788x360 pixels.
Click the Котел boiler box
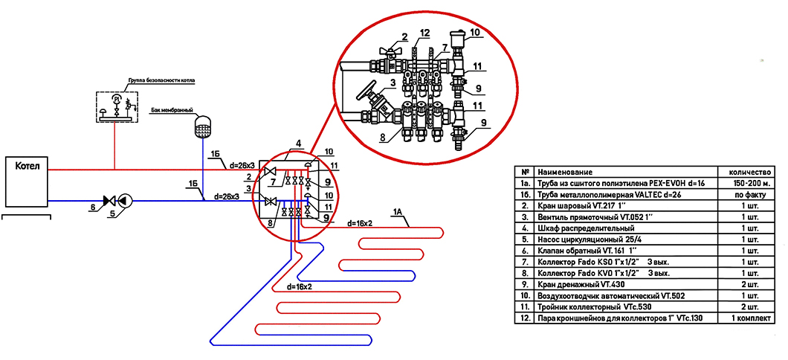coord(26,181)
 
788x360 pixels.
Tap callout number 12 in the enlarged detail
coord(425,33)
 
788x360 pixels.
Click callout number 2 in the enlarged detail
coord(404,37)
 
